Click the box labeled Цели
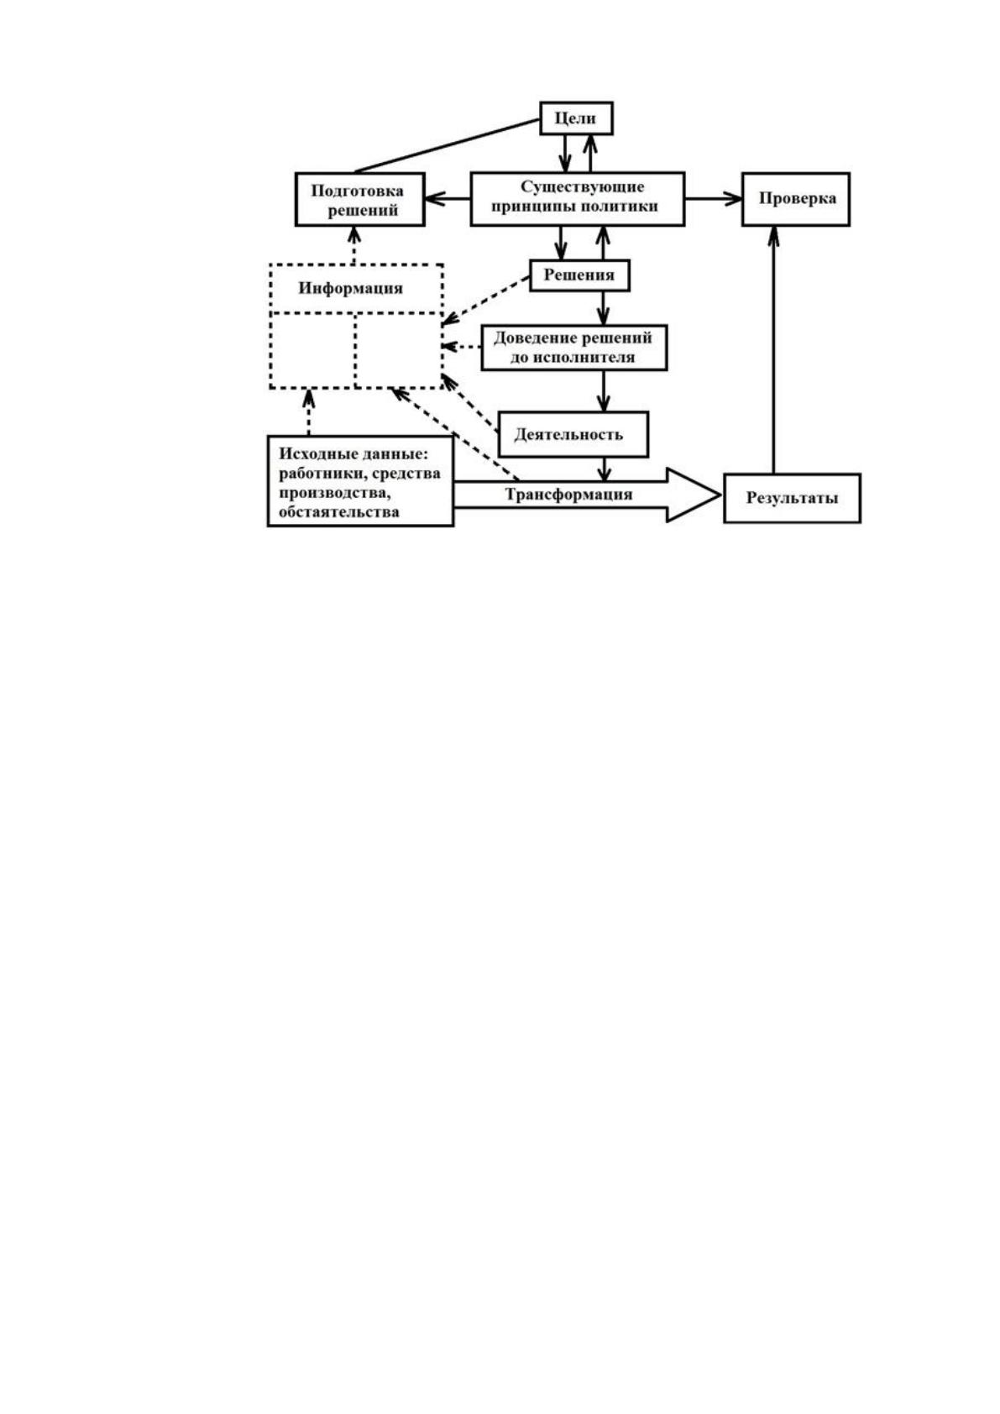576,118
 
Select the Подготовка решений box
360,200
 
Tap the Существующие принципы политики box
578,199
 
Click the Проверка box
795,199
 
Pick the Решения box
579,275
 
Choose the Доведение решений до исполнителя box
573,348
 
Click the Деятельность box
573,434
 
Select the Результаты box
792,498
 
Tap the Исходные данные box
360,481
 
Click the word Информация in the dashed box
350,289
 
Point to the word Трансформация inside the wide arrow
568,495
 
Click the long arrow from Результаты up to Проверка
773,349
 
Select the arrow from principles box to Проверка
714,199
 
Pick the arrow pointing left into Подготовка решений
448,199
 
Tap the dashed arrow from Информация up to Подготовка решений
354,245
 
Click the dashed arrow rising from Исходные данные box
309,411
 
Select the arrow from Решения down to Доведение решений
605,309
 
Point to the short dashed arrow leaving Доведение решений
462,347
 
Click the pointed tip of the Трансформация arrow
720,495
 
